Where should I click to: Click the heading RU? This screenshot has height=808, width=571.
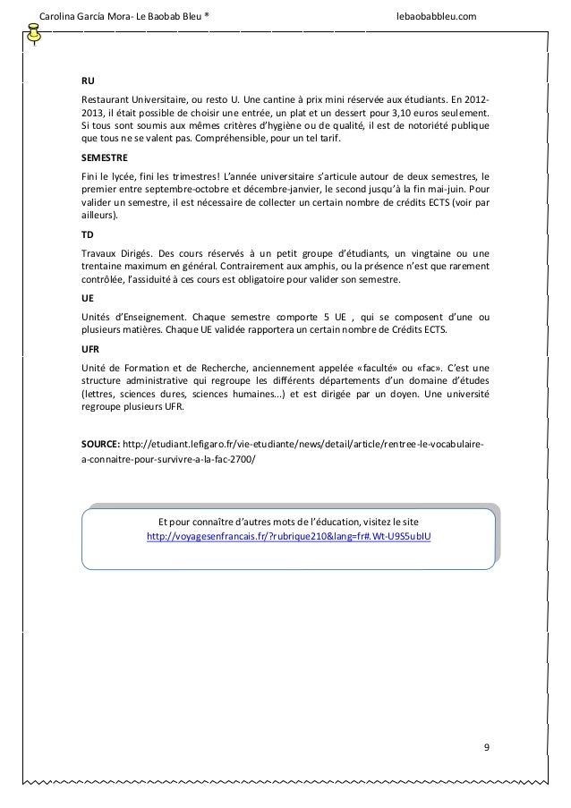point(87,81)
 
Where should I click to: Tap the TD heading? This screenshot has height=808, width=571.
point(86,231)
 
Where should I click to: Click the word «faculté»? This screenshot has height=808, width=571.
point(396,368)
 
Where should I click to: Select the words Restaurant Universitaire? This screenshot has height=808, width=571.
point(132,98)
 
